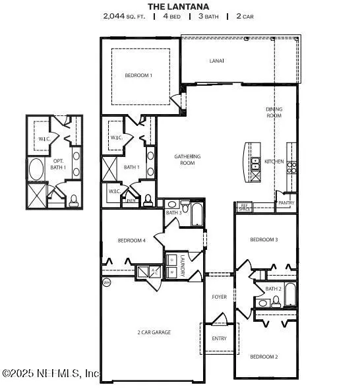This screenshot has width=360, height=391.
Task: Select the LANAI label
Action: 217,61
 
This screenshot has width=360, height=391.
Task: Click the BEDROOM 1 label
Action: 138,75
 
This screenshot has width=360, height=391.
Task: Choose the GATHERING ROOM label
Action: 187,159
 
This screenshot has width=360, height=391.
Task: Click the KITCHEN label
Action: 274,162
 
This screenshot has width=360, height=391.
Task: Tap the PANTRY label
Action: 286,203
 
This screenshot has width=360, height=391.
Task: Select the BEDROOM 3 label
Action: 264,240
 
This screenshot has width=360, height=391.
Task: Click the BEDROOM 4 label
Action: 131,240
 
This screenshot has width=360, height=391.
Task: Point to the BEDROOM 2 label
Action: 264,357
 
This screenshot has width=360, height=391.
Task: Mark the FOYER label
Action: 220,297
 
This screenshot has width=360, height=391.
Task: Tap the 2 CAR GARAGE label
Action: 154,332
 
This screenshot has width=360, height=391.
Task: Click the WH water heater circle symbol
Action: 106,282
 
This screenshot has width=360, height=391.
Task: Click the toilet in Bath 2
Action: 276,301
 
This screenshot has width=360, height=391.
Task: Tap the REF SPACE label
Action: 244,206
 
